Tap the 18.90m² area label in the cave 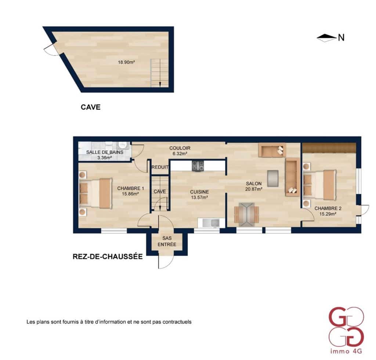[x=126, y=62]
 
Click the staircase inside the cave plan [x=160, y=73]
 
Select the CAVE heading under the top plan [x=91, y=108]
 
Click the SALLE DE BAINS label [x=104, y=152]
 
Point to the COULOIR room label [x=180, y=148]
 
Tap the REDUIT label [x=160, y=167]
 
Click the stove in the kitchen [x=198, y=166]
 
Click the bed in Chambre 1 [x=96, y=193]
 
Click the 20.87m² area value [x=254, y=189]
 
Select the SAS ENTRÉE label [x=167, y=241]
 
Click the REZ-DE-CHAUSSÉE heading [x=108, y=257]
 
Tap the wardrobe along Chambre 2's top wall [x=329, y=148]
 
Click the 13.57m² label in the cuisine [x=199, y=197]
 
